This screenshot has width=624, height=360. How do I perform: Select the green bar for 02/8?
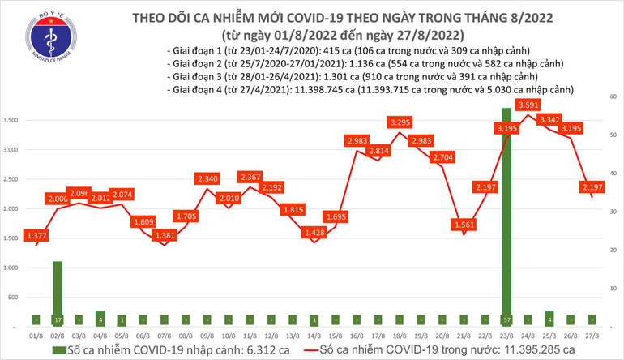point(57,292)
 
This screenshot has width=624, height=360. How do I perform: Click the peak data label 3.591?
point(528,105)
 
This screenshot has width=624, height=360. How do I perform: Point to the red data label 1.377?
point(36,234)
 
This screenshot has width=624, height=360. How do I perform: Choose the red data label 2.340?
point(207,178)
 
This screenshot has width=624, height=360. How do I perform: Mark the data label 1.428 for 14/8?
point(312,233)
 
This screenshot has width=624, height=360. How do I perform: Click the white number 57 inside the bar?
point(506,319)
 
